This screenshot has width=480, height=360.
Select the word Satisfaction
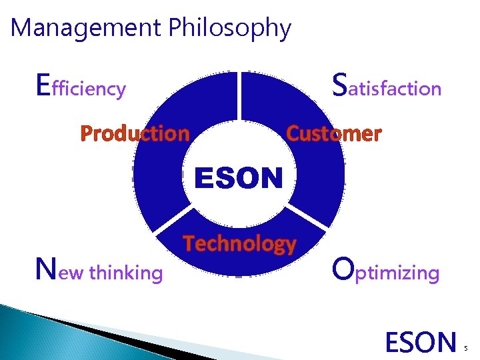tap(386, 87)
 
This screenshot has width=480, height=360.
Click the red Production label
tap(135, 133)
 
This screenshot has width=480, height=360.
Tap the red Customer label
tap(333, 133)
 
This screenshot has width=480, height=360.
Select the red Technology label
tap(239, 244)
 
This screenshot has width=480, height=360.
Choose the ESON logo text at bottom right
tap(421, 342)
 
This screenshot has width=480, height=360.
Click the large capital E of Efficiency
tap(43, 85)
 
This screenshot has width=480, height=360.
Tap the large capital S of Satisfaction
tap(339, 85)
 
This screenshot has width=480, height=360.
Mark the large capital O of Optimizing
tap(343, 270)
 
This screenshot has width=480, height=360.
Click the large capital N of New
tap(45, 270)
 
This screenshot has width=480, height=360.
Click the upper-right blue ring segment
tap(313, 167)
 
